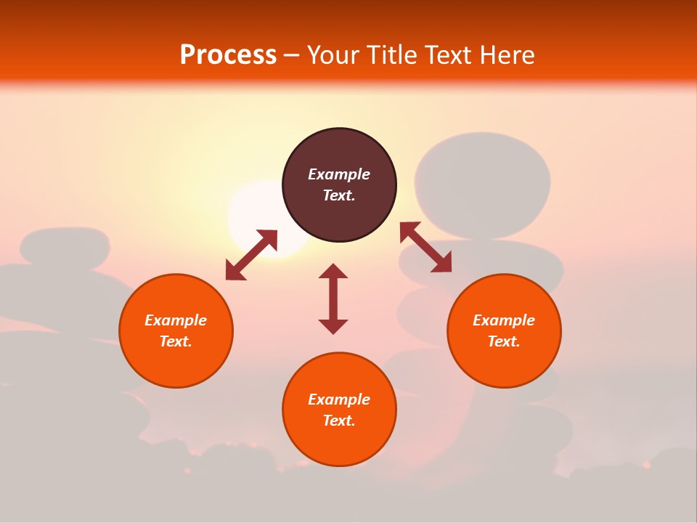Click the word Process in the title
tap(228, 55)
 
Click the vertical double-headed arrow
tap(333, 299)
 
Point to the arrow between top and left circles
tap(251, 255)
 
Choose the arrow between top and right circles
tap(425, 247)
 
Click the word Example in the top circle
tap(339, 174)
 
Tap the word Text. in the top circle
tap(339, 195)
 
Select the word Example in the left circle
tap(176, 320)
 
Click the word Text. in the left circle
tap(176, 341)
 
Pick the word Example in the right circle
tap(504, 320)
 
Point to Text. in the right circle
tap(504, 341)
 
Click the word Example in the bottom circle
tap(339, 400)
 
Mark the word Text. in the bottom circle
tap(339, 421)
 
